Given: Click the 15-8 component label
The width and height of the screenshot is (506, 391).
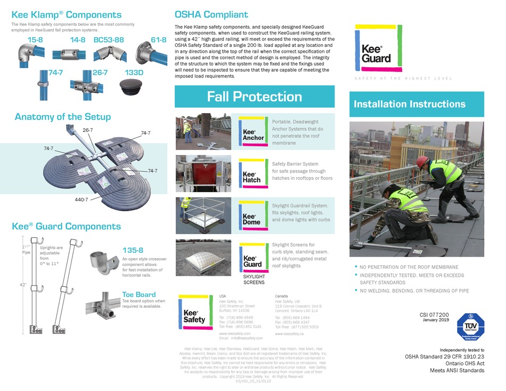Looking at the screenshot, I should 35,40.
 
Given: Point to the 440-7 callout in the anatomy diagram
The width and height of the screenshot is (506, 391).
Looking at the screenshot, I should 81,199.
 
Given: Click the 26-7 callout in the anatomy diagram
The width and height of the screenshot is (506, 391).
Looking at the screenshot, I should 88,130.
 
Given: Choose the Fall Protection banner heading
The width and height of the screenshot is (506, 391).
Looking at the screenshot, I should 254,97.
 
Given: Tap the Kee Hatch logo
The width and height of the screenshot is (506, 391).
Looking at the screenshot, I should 253,173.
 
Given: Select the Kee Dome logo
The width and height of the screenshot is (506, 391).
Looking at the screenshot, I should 253,216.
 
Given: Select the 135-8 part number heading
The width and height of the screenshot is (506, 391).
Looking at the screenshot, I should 133,250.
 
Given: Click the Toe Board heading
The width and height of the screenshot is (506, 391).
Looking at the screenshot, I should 138,294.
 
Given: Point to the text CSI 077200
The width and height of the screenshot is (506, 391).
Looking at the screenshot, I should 434,315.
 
